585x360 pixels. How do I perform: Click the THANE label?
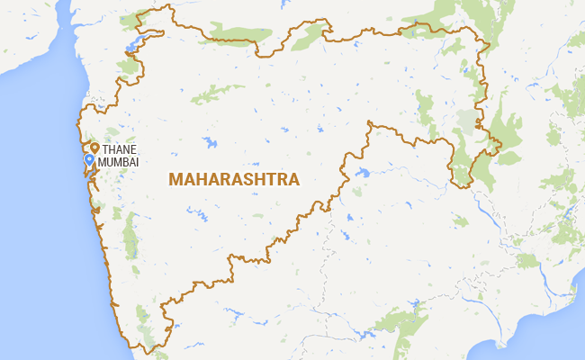pyautogui.click(x=121, y=148)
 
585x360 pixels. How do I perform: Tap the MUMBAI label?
pyautogui.click(x=119, y=160)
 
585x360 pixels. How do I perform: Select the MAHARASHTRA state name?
pyautogui.click(x=234, y=180)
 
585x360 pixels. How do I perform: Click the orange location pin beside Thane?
pyautogui.click(x=94, y=148)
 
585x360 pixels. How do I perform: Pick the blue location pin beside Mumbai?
pyautogui.click(x=89, y=160)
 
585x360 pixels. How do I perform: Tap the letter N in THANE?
pyautogui.click(x=127, y=148)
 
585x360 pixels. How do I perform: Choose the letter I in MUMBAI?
pyautogui.click(x=139, y=160)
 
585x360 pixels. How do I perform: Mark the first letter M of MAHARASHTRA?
pyautogui.click(x=175, y=180)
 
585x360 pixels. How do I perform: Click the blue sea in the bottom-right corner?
pyautogui.click(x=549, y=346)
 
